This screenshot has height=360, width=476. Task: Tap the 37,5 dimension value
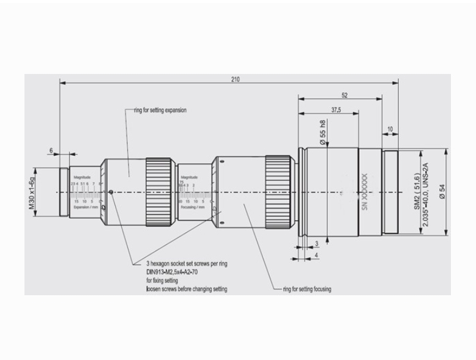point(336,111)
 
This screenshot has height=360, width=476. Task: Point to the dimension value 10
point(390,129)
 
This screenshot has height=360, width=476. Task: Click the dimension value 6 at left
point(51,149)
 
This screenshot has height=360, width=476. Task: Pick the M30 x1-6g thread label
point(32,191)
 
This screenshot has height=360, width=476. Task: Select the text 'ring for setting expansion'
point(160,111)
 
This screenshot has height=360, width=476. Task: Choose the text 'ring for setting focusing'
point(307,289)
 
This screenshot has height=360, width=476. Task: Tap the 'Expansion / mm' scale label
point(85,207)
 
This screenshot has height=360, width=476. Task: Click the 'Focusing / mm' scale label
point(193,207)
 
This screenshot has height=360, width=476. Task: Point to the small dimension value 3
point(316,244)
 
